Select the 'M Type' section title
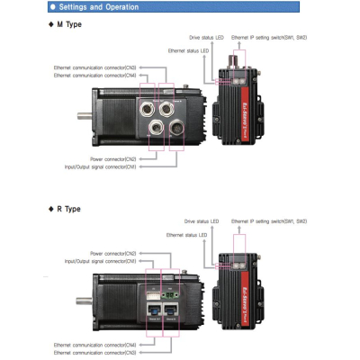(x=65, y=25)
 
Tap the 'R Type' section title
(x=65, y=209)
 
